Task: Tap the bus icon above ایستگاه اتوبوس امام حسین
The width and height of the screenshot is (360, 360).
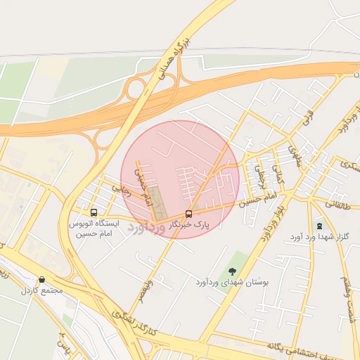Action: pyautogui.click(x=94, y=212)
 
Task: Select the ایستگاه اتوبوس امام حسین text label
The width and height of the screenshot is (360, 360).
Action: pyautogui.click(x=94, y=228)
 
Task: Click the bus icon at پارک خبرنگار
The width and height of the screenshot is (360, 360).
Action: pyautogui.click(x=188, y=213)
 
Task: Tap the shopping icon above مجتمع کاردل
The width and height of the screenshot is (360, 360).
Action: pyautogui.click(x=42, y=279)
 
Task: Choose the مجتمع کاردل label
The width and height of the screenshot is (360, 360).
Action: pyautogui.click(x=42, y=290)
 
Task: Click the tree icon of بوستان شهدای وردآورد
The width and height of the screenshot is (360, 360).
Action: pyautogui.click(x=232, y=271)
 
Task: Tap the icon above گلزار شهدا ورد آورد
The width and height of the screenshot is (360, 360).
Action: pyautogui.click(x=321, y=226)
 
